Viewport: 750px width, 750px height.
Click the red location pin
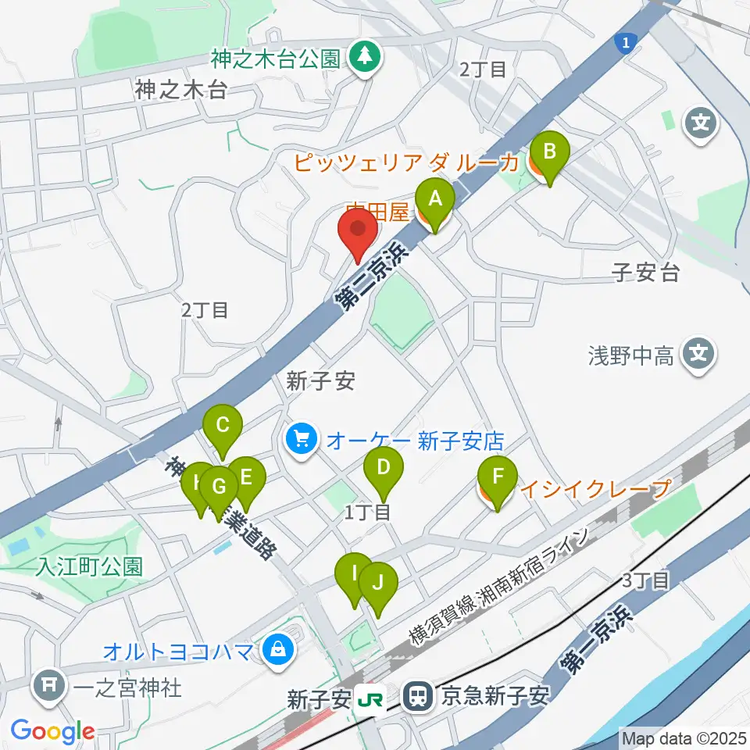coord(358,232)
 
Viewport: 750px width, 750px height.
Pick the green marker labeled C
coord(223,428)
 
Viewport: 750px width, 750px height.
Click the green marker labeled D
coord(384,470)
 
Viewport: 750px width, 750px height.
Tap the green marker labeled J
coord(378,584)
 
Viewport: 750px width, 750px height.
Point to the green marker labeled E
coord(246,479)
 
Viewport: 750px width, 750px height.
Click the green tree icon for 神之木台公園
coord(363,56)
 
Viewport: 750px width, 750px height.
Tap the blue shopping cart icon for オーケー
coord(302,440)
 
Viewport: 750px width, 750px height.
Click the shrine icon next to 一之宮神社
coord(48,687)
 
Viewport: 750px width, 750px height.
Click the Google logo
coord(52,730)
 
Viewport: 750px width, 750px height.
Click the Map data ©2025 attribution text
coord(683,737)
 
